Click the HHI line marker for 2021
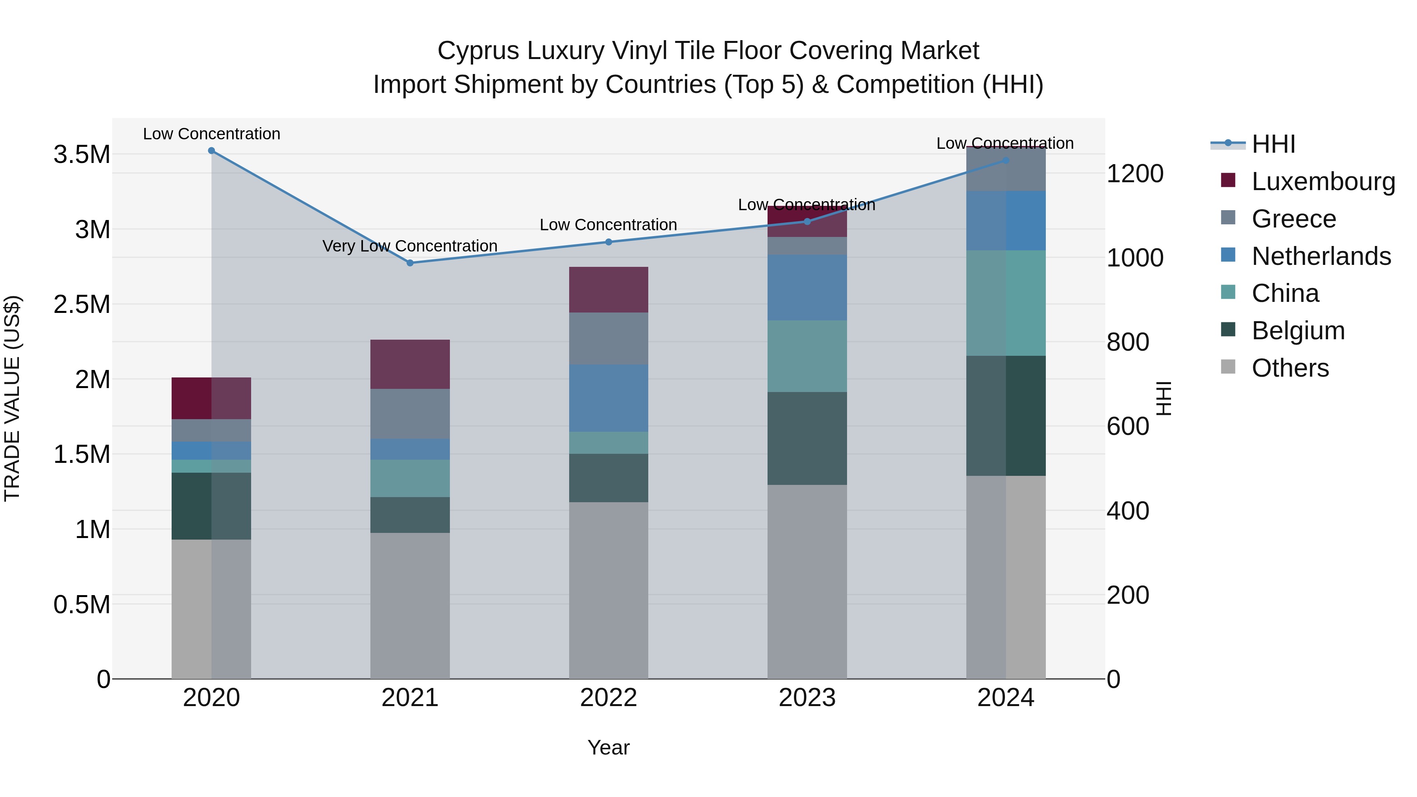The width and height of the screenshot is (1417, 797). (x=410, y=263)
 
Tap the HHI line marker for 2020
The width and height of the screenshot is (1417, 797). (x=211, y=151)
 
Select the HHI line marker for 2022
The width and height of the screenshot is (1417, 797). (x=609, y=242)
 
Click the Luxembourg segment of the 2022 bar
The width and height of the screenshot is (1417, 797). (x=609, y=290)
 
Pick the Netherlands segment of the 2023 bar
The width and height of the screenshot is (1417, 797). (x=807, y=288)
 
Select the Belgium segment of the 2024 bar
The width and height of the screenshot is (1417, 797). (x=1006, y=416)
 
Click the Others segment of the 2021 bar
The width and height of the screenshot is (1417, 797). (x=410, y=605)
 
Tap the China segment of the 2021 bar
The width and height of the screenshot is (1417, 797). (x=410, y=479)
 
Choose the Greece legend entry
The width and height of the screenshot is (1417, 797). (x=1293, y=219)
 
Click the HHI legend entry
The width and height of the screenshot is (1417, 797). (x=1273, y=144)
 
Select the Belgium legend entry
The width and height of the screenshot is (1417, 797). (x=1298, y=331)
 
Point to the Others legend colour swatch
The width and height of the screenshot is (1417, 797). (x=1228, y=367)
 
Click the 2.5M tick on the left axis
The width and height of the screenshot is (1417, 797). (x=81, y=304)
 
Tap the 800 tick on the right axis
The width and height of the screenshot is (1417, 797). (x=1127, y=342)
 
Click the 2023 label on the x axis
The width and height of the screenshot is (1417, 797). (x=807, y=698)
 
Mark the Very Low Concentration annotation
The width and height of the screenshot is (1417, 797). (x=410, y=246)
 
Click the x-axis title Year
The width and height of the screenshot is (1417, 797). (x=609, y=747)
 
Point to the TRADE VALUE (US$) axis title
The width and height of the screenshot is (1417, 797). (x=12, y=398)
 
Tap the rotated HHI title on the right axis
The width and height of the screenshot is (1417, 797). (x=1164, y=398)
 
